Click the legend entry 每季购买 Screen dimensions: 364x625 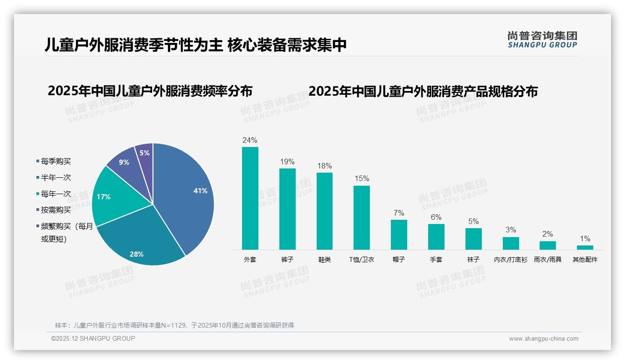click(56, 161)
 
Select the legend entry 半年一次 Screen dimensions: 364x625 click(56, 178)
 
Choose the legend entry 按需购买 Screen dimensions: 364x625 click(56, 210)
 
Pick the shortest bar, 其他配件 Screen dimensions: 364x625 click(585, 247)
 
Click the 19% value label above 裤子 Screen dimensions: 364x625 click(287, 162)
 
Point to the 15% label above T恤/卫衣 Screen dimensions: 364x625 click(361, 178)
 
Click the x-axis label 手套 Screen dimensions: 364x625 click(436, 259)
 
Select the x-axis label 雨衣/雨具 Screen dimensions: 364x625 click(548, 259)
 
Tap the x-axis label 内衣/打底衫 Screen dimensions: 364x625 click(511, 259)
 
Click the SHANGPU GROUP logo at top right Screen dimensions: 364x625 click(542, 40)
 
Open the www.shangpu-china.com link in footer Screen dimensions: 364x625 click(543, 339)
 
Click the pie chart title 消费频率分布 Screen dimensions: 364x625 click(150, 91)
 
